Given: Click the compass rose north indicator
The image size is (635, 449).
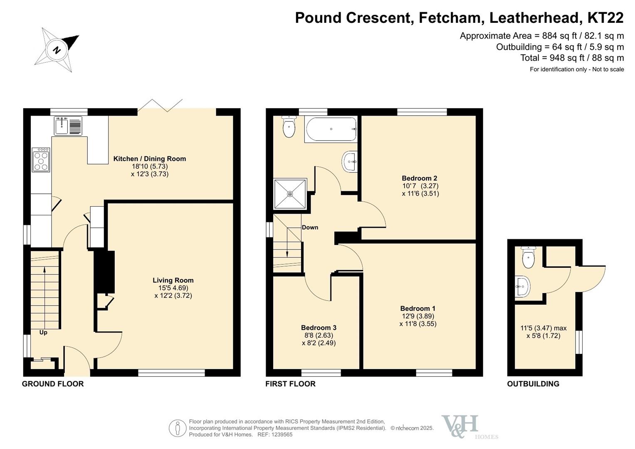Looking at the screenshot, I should point(57,50).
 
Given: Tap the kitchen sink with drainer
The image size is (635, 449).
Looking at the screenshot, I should point(68,126).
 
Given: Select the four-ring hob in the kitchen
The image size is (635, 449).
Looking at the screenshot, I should point(41,160).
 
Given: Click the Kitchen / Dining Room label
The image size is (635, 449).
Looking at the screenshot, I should point(150,159).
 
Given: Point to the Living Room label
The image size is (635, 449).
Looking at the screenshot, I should point(173,280).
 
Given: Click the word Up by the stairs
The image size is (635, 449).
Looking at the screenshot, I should point(43,333).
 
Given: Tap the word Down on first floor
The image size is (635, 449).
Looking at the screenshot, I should point(310,227).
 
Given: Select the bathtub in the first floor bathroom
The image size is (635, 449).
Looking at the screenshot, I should point(331,129).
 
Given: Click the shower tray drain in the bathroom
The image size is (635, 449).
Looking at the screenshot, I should point(290,194).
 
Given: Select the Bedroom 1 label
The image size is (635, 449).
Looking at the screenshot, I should point(418,308).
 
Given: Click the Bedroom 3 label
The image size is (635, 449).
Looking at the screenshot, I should point(319,328).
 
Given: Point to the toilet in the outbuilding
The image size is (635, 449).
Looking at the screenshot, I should point(528,258).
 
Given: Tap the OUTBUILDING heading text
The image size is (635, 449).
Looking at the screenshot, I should point(533,384).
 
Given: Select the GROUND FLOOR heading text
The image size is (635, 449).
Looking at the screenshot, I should point(53,384).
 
